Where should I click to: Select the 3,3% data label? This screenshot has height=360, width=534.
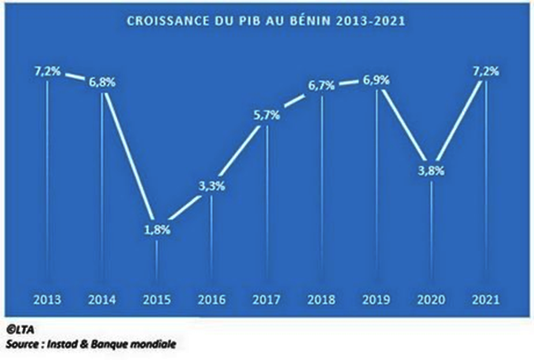click(210, 186)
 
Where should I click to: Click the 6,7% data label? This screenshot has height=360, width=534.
click(321, 87)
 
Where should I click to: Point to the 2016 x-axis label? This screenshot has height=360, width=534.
click(210, 297)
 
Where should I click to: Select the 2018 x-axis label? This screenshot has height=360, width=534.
click(321, 297)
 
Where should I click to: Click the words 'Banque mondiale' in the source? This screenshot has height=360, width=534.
click(145, 342)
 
